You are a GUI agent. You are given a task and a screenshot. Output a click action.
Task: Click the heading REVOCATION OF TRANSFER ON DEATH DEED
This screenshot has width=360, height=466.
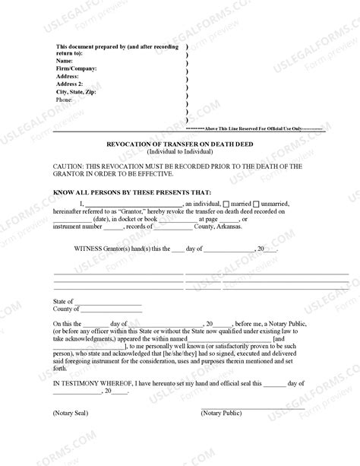pyautogui.click(x=179, y=143)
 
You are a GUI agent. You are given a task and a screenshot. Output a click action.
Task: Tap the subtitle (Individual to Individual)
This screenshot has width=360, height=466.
pyautogui.click(x=179, y=150)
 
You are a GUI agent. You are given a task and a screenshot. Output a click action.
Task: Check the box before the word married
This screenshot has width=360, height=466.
pyautogui.click(x=226, y=204)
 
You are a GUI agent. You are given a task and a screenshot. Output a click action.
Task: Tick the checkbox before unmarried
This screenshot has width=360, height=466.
pyautogui.click(x=255, y=204)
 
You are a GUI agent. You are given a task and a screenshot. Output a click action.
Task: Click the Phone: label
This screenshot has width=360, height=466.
pyautogui.click(x=65, y=100)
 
